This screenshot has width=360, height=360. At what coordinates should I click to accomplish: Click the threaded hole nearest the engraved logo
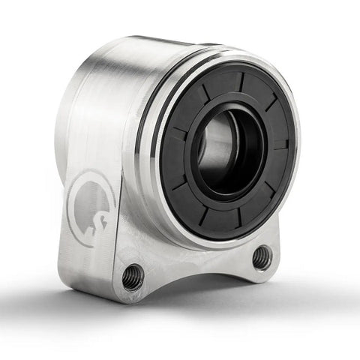coord(133,277)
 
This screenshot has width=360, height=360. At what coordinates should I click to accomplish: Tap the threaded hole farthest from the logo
coord(262,257)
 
